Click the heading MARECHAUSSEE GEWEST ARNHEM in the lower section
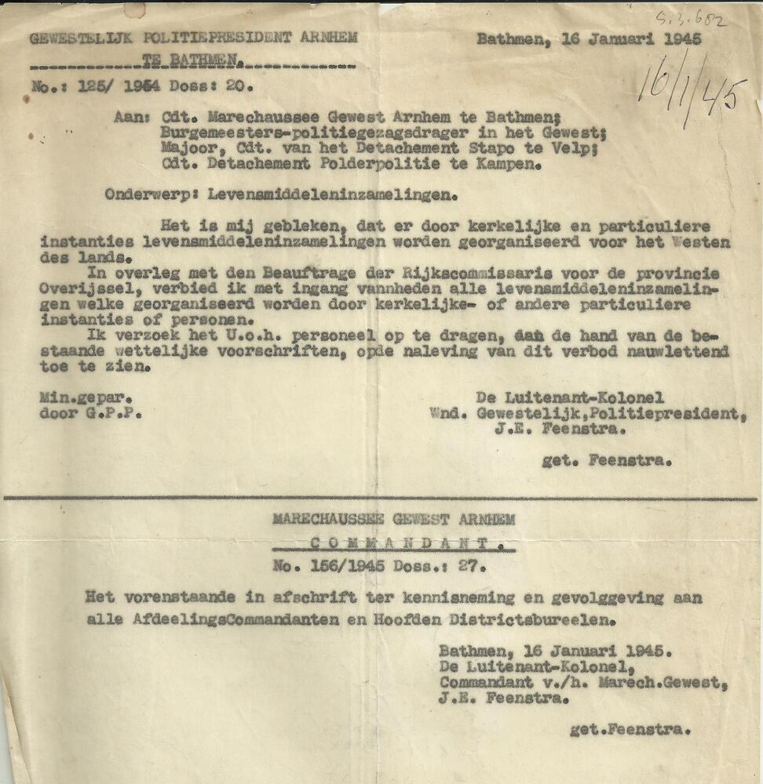[394, 519]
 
